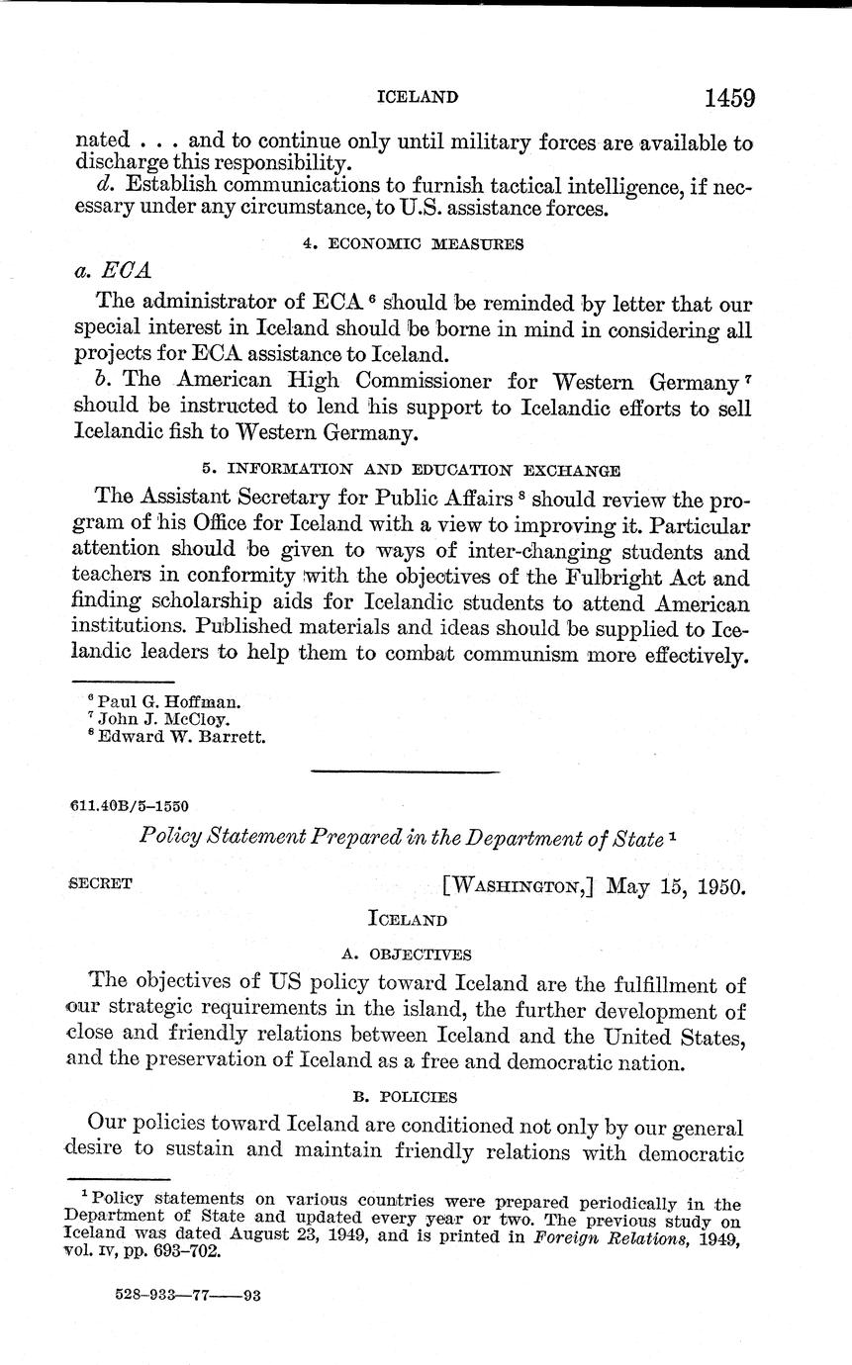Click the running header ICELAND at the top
click(x=418, y=97)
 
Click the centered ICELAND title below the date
click(x=408, y=919)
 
